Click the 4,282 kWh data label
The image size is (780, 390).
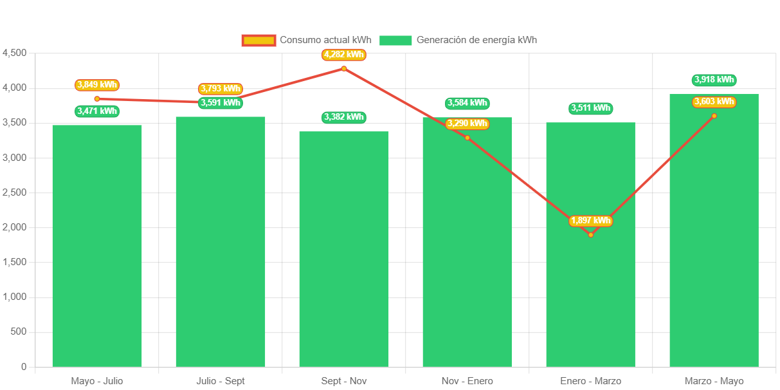point(344,55)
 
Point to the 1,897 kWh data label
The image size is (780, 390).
point(590,221)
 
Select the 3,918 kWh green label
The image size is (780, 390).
point(714,80)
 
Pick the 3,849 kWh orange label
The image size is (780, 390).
point(97,85)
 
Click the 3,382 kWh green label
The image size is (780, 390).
point(344,117)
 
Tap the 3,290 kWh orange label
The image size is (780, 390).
point(467,124)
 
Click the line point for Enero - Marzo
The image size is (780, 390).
point(590,235)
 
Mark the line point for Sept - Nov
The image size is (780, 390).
point(344,68)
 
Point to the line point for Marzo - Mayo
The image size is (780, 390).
point(714,116)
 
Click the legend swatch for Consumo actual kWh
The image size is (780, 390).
point(258,41)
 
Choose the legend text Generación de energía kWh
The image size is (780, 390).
point(476,40)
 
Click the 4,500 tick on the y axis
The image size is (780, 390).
point(15,53)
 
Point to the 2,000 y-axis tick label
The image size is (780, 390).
point(15,227)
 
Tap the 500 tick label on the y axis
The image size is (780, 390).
point(19,331)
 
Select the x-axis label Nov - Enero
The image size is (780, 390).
point(467,381)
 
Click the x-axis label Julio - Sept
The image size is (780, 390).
point(221,381)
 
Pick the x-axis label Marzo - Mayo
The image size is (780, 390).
point(714,381)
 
